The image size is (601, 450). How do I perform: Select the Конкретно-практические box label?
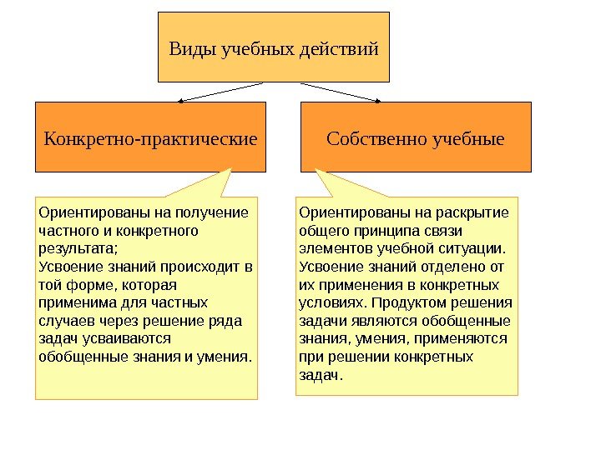click(x=150, y=137)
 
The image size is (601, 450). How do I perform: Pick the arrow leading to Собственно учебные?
click(x=341, y=92)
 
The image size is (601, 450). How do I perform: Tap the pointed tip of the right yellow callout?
click(x=317, y=171)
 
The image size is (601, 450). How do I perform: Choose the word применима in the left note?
click(x=76, y=302)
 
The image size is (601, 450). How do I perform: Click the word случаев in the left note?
click(x=65, y=321)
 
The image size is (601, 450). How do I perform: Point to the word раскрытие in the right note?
click(x=475, y=211)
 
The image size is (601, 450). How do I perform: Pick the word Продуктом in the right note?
click(x=409, y=302)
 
